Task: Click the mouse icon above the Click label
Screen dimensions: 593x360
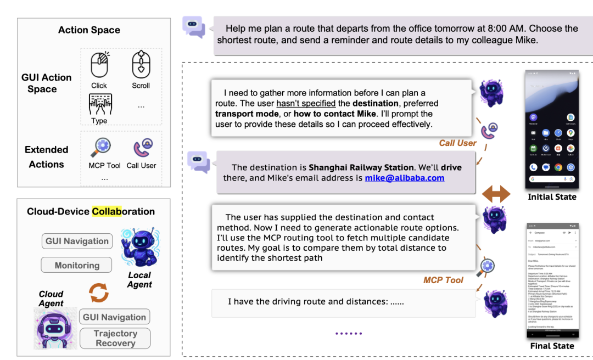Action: (99, 65)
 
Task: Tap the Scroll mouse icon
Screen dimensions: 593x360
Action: (141, 65)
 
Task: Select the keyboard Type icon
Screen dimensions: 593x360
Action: (100, 104)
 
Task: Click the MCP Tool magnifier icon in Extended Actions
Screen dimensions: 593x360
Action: (103, 148)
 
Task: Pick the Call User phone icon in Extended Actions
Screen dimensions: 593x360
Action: (141, 148)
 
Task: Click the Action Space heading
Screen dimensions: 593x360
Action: (89, 30)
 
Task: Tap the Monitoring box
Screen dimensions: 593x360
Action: (77, 265)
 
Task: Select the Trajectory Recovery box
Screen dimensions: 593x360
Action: (115, 338)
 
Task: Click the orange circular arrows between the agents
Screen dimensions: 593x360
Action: (99, 292)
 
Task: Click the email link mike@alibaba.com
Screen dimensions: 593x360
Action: (405, 178)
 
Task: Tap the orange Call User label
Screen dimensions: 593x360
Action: (458, 143)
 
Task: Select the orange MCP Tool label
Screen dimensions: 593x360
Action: (443, 280)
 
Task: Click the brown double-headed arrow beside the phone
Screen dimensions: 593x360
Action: (496, 193)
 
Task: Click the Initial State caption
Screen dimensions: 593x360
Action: (552, 196)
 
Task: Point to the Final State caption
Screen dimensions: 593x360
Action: (552, 346)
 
